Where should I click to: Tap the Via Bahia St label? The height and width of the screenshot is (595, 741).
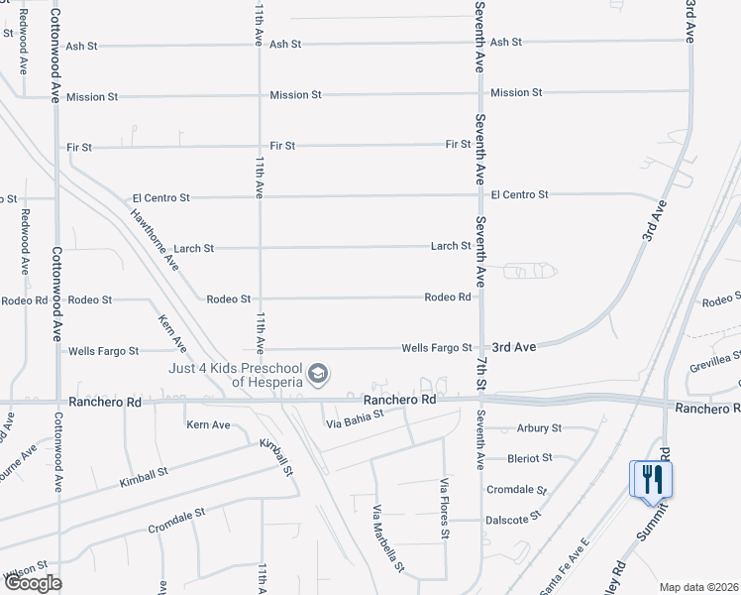[x=355, y=424]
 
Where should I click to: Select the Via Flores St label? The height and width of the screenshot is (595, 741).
[x=445, y=508]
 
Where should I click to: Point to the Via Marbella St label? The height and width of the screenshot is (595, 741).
[x=387, y=539]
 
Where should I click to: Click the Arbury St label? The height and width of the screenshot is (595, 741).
[x=539, y=428]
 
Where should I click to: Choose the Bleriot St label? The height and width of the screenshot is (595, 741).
[x=530, y=458]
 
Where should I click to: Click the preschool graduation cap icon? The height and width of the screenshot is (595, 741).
[x=318, y=374]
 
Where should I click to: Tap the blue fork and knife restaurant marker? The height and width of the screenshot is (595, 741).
[x=652, y=479]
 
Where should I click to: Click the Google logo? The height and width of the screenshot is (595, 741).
[x=33, y=583]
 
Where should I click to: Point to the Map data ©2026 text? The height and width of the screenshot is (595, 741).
[x=698, y=587]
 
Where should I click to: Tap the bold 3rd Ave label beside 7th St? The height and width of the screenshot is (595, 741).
[x=514, y=347]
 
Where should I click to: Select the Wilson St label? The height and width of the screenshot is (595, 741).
[x=27, y=571]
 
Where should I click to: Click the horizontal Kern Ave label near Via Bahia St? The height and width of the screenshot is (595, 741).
[x=208, y=424]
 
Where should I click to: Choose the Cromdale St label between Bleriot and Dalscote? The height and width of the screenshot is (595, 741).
[x=516, y=490]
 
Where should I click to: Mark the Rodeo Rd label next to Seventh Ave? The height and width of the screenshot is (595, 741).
[x=447, y=297]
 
